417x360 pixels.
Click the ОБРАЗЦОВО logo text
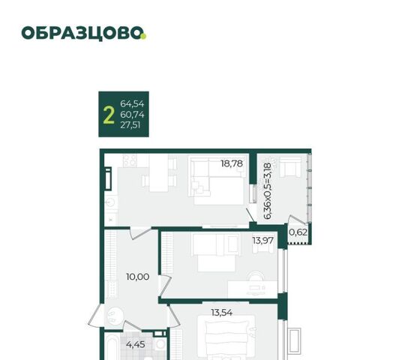coord(82,33)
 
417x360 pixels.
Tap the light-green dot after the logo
coord(143,37)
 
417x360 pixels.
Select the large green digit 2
coord(109,115)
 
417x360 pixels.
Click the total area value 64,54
coord(132,103)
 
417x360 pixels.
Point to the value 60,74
coord(132,115)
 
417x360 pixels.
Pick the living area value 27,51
coord(130,125)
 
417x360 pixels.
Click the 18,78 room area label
coord(232,163)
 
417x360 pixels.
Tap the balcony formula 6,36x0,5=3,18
coord(268,191)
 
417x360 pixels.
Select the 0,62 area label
coord(298,232)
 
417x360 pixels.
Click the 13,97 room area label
coord(262,241)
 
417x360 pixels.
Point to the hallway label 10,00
coord(138,277)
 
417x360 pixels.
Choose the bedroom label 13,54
coord(222,313)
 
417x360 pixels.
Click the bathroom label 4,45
coord(136,344)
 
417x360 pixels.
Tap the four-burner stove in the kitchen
coord(130,160)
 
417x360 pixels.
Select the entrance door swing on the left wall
coord(94,315)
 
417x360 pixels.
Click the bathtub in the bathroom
coord(111,346)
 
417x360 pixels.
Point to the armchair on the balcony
coord(290,166)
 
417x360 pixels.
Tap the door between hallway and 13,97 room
coord(165,286)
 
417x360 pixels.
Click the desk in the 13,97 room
coord(253,289)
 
